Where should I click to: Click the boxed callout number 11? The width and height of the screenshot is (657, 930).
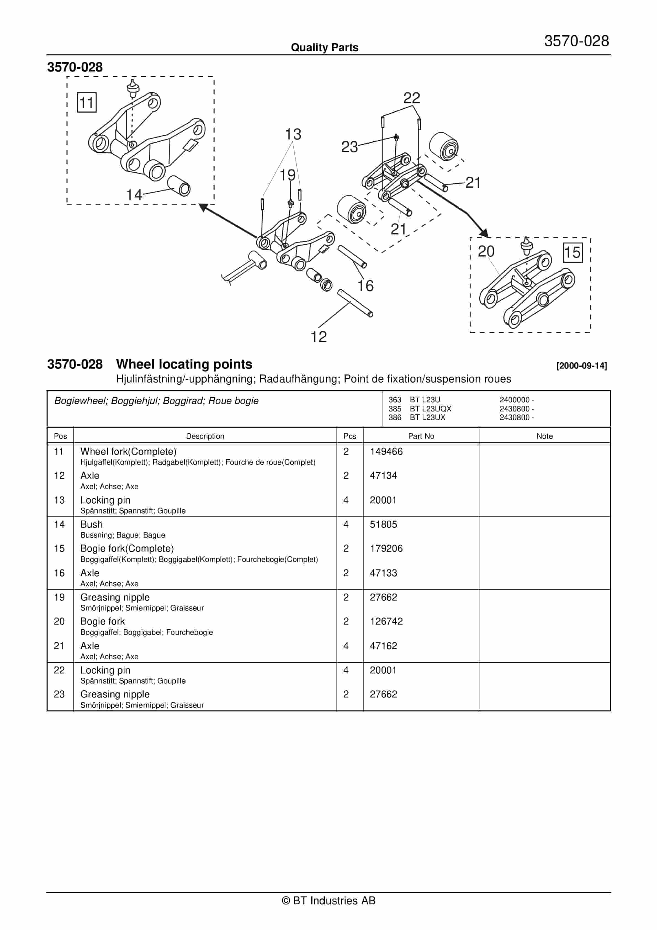pos(87,102)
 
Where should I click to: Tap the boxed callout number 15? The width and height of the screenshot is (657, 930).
pos(572,252)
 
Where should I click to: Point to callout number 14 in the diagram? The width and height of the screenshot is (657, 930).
pos(134,195)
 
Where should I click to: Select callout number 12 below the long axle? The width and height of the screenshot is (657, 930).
pos(318,337)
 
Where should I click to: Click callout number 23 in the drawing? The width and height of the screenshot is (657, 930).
pos(349,147)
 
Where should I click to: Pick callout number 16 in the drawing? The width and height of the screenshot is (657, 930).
pos(365,286)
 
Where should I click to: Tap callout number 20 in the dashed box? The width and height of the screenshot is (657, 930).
pos(486,252)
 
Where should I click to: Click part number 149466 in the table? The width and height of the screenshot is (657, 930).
pos(386,452)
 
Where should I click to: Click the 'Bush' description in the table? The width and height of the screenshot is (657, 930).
pos(92,525)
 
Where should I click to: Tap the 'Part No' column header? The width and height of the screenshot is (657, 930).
pos(421,436)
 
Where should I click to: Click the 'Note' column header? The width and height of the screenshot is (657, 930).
pos(544,436)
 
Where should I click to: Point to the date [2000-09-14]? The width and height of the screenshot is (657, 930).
pos(581,366)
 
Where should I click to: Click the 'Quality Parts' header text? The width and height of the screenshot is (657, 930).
pos(324,48)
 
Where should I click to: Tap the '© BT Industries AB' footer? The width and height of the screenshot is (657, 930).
pos(328,900)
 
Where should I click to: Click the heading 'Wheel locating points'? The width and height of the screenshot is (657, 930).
pos(184,364)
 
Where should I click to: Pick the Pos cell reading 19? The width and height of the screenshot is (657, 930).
pos(59,598)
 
